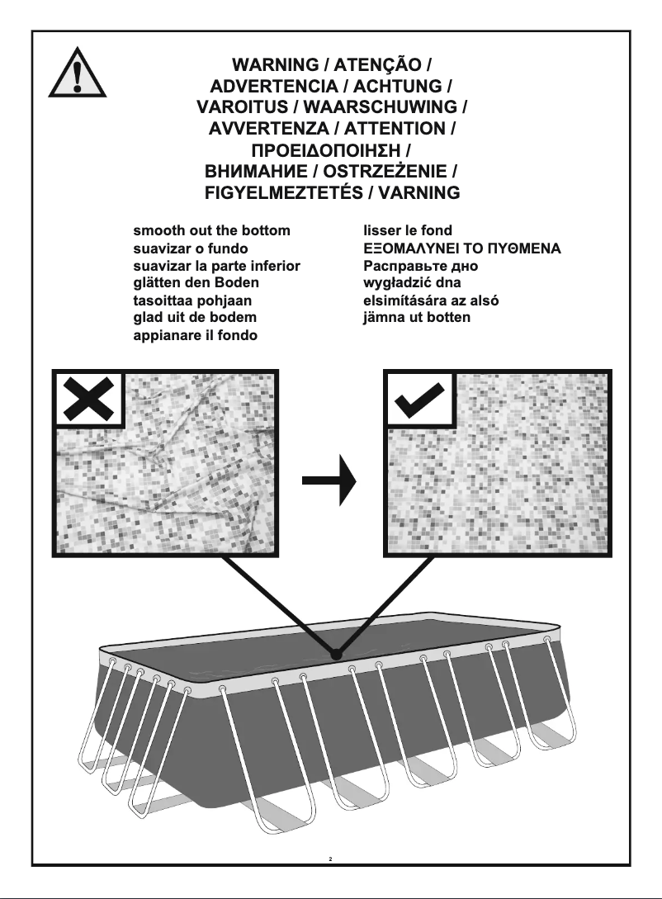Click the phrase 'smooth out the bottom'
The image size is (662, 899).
coord(212,230)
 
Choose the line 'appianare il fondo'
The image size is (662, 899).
coord(196,335)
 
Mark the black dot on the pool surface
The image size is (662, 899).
coord(336,655)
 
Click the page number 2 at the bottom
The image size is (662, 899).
coord(330,859)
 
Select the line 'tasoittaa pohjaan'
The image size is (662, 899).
coord(192,300)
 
